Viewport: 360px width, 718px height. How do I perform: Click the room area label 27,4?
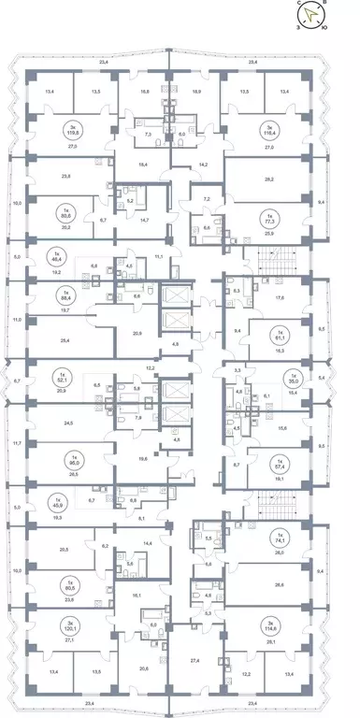[194, 660]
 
